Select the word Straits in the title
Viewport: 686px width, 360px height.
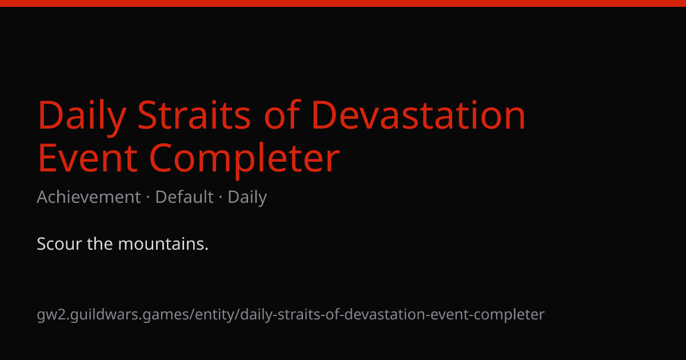click(194, 115)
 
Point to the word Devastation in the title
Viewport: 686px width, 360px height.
click(418, 115)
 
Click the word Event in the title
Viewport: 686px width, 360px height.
click(87, 158)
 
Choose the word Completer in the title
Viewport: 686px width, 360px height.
click(245, 161)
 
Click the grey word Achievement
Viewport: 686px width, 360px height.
click(89, 197)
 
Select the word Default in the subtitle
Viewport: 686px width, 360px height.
click(184, 197)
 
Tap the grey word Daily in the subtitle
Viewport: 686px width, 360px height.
click(247, 198)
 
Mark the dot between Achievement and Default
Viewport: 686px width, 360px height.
click(148, 198)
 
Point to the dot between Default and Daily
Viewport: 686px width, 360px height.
click(221, 198)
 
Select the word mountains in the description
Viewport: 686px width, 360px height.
click(163, 244)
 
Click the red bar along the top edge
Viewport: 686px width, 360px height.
click(343, 3)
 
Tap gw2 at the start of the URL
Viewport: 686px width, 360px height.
click(52, 315)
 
